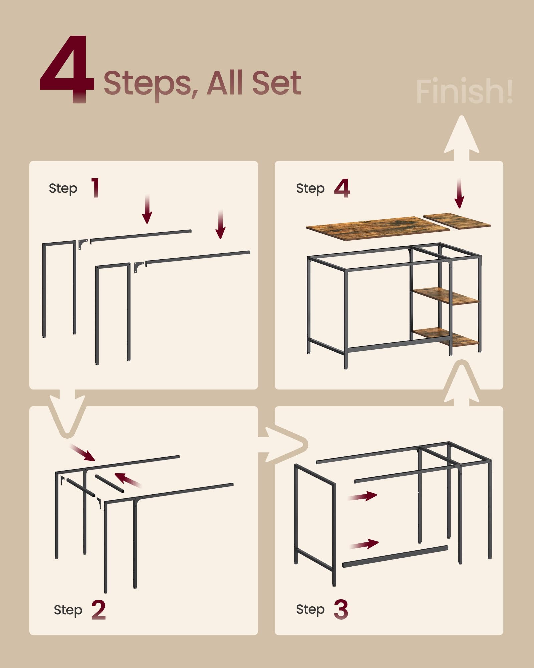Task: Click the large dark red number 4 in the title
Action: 67,68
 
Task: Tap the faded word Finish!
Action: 464,91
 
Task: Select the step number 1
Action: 95,188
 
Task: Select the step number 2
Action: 98,610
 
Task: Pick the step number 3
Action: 341,610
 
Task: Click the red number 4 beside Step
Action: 342,188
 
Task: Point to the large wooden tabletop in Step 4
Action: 377,228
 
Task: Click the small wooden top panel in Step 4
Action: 457,221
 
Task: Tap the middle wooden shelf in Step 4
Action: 446,296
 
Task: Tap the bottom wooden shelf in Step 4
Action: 446,337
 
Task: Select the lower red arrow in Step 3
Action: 364,544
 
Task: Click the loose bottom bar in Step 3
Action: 395,557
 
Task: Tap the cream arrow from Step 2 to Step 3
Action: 284,445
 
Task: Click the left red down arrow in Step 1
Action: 147,210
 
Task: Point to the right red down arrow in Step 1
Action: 220,225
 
